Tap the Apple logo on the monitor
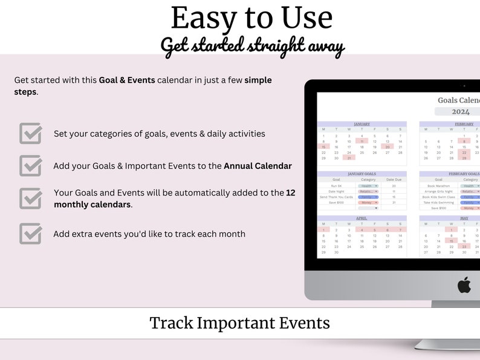coord(464,285)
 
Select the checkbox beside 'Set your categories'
coord(30,133)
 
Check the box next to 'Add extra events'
coord(30,234)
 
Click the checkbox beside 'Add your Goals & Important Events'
coord(30,165)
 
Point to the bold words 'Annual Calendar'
coord(258,166)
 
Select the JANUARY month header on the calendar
coord(362,124)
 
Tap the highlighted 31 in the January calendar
coord(349,158)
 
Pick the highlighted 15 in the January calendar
coord(323,147)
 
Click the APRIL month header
coord(362,218)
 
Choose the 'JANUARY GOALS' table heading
coord(362,174)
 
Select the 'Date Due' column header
coord(394,180)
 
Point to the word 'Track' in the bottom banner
coord(172,323)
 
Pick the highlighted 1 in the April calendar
coord(323,230)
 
